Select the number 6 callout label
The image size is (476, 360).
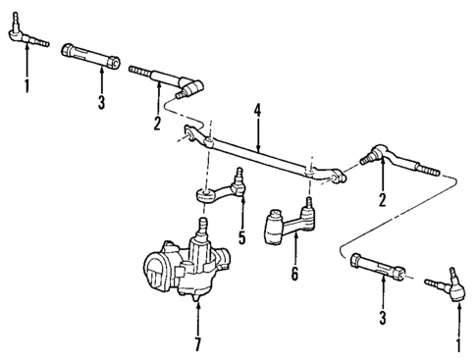pyautogui.click(x=292, y=277)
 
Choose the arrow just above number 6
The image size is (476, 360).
pyautogui.click(x=292, y=255)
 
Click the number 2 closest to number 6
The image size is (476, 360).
pyautogui.click(x=382, y=199)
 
